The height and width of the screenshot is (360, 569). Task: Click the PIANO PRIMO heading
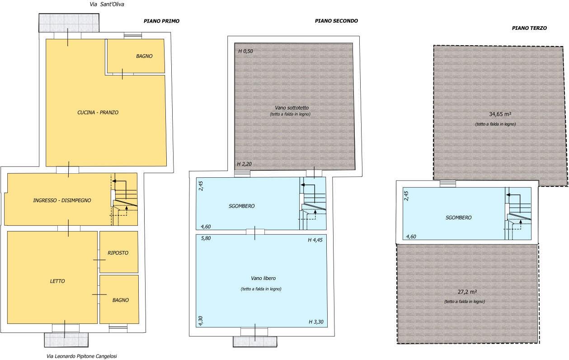161,21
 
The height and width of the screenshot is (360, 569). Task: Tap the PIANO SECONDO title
336,21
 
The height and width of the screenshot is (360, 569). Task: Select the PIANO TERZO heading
529,28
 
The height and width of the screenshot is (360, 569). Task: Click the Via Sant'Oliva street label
107,5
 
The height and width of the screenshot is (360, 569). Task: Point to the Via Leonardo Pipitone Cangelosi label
81,356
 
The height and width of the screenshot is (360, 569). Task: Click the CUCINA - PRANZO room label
98,112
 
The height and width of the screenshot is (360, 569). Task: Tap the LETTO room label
57,281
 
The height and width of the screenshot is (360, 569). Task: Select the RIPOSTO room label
118,253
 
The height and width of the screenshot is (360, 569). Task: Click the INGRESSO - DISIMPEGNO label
62,200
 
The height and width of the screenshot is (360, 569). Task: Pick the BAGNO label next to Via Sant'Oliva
144,56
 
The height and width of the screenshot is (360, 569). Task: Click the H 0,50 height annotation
246,51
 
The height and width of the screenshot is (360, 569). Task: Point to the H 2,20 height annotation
245,164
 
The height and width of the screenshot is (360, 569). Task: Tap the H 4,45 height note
315,240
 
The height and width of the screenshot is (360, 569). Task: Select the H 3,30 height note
316,322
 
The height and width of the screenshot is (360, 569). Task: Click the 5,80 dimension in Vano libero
206,238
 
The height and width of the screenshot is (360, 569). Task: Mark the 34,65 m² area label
500,114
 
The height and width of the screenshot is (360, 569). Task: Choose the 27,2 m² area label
467,292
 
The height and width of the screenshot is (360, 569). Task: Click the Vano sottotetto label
292,108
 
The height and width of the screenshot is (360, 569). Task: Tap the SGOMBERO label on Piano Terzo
459,218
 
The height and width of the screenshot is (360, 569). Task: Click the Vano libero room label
263,279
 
